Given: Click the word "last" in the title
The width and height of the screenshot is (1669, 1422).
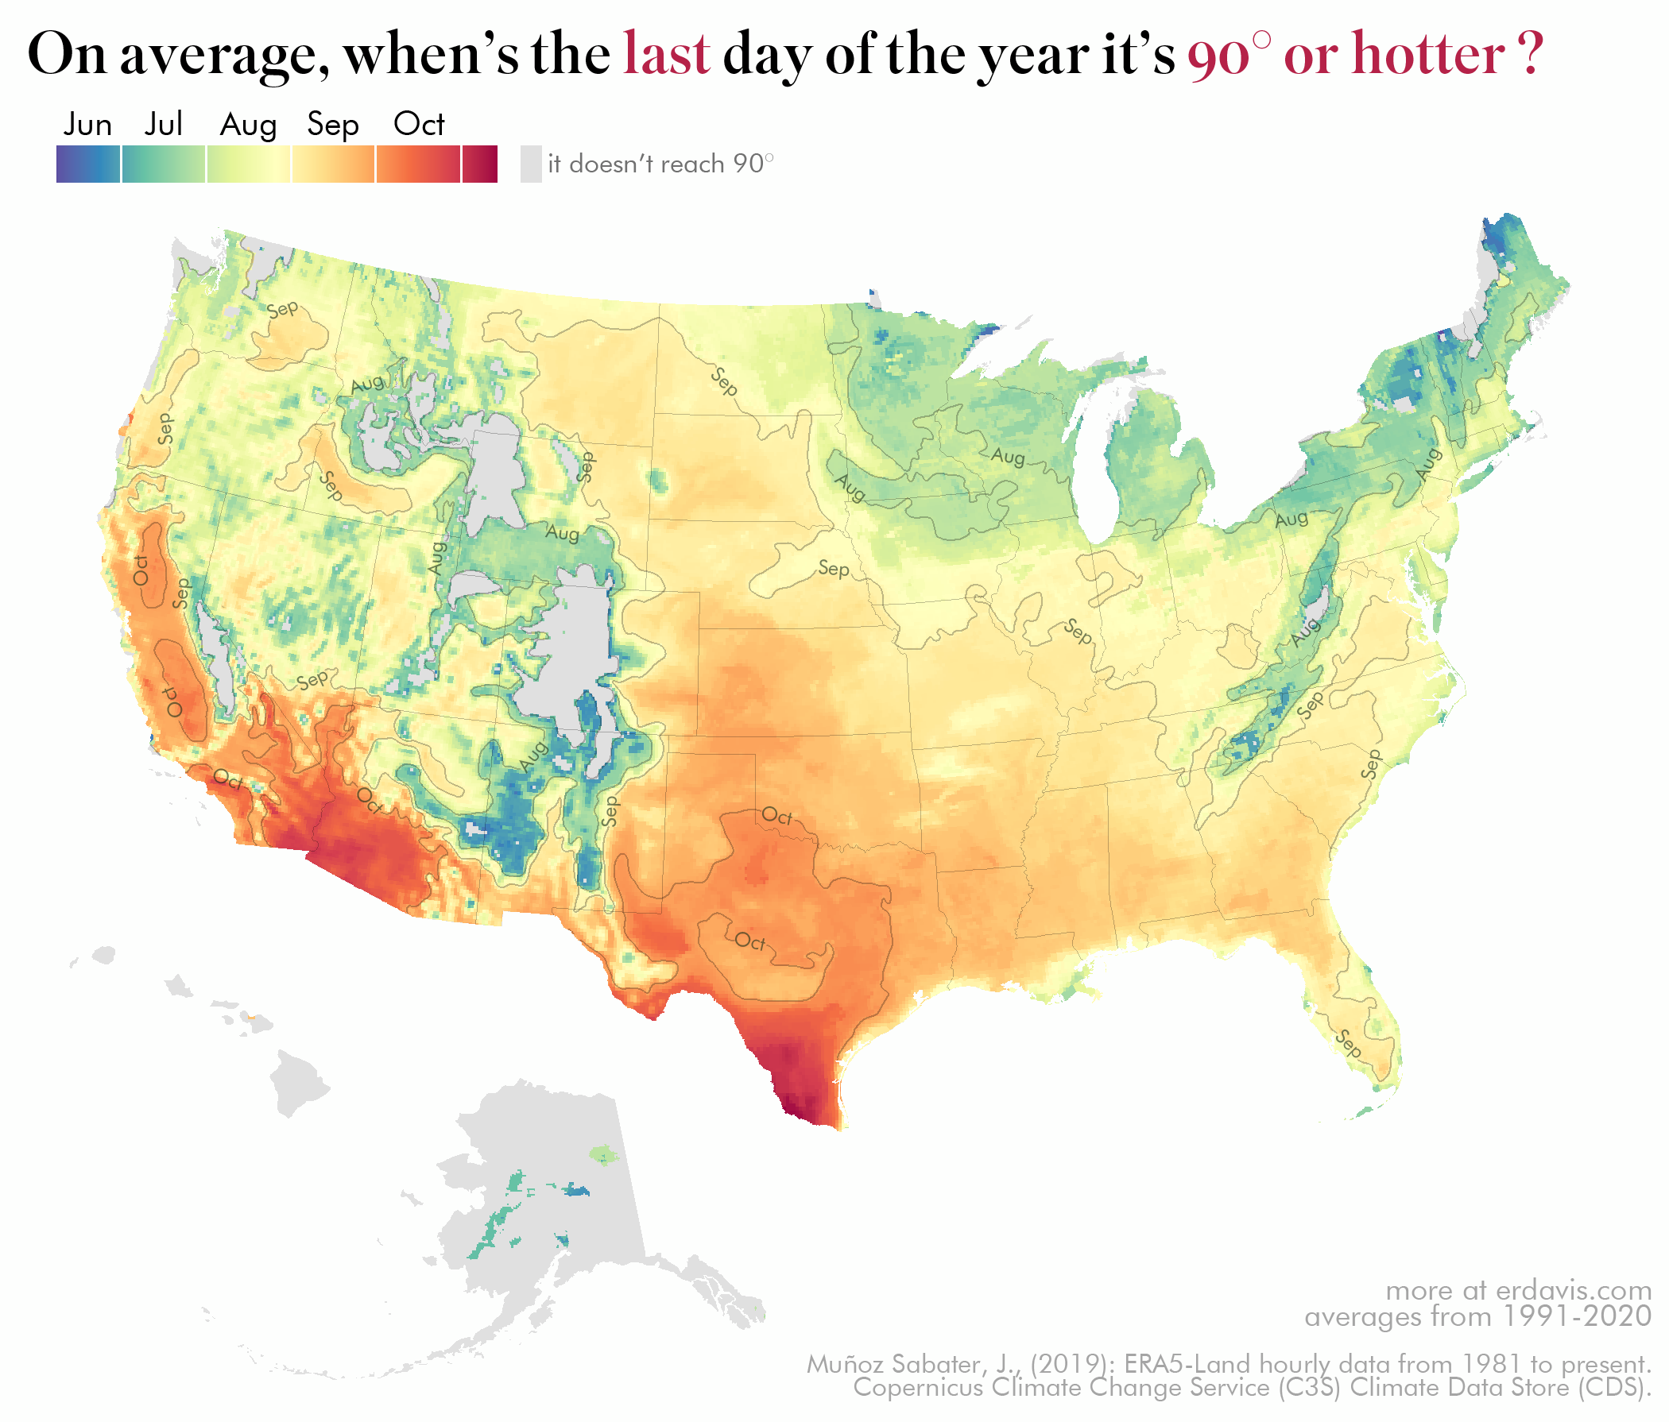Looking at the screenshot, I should pos(666,54).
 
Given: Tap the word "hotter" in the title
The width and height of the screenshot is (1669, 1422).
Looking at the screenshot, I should pos(1427,54).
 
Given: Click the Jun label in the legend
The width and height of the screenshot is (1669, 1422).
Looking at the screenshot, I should pos(87,125).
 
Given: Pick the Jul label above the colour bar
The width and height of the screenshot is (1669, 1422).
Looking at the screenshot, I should pos(164,125).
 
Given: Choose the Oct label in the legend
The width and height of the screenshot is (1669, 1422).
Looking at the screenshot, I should pos(419,125).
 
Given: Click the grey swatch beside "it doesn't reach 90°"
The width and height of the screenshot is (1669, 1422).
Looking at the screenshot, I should pos(531,164).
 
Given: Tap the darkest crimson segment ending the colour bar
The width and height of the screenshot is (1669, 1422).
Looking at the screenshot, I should pos(480,164).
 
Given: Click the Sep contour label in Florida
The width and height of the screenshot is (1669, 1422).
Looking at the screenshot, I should pos(1348,1044).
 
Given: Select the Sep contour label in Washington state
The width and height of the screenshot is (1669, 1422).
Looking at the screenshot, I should pos(283,309).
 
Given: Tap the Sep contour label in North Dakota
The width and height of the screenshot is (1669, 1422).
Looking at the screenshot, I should pos(724,381).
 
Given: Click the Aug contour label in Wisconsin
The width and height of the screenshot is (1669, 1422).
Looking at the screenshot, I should pos(1008,457).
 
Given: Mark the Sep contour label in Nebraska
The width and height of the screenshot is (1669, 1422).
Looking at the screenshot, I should pos(834,569).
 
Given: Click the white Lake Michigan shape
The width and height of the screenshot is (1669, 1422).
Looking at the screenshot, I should pos(1090,475).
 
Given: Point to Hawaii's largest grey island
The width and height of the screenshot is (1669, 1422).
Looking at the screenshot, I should pos(298,1083).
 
